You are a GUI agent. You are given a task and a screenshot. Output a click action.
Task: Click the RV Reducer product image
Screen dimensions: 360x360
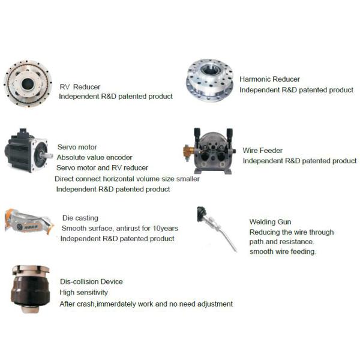[x=28, y=83]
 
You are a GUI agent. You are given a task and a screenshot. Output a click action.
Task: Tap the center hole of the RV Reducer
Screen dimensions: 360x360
[x=28, y=84]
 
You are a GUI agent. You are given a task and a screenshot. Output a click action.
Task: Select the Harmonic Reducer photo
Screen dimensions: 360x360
[x=210, y=80]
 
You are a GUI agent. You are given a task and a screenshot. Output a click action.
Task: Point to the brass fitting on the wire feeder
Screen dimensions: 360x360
[x=188, y=152]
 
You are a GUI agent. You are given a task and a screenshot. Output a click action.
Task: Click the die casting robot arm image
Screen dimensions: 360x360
[x=29, y=222]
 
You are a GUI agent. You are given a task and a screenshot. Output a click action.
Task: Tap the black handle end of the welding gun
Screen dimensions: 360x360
[x=202, y=214]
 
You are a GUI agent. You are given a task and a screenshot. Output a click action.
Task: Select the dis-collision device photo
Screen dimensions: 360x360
[x=30, y=289]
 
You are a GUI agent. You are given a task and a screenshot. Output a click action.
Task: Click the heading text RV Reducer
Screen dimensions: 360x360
[x=80, y=87]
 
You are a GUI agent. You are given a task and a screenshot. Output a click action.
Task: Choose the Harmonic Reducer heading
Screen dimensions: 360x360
[x=269, y=79]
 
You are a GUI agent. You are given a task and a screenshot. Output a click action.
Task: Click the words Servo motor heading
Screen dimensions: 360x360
[x=77, y=147]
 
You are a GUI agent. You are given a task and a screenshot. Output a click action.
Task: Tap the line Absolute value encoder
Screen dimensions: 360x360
[x=94, y=157]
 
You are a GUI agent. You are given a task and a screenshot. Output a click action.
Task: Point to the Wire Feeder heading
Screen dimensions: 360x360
[x=262, y=151]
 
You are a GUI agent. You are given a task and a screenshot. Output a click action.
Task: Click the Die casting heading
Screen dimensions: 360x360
[x=80, y=218]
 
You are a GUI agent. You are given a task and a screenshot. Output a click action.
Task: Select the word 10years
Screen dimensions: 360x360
[x=166, y=228]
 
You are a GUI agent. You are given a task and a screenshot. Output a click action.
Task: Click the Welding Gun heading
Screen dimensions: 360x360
[x=270, y=222]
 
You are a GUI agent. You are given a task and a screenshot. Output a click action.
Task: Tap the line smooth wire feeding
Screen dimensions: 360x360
[x=283, y=251]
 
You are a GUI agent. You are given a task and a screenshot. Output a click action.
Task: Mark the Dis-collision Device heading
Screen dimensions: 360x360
[x=91, y=282]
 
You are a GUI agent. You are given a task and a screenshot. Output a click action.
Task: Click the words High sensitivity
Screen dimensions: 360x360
[x=83, y=292]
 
